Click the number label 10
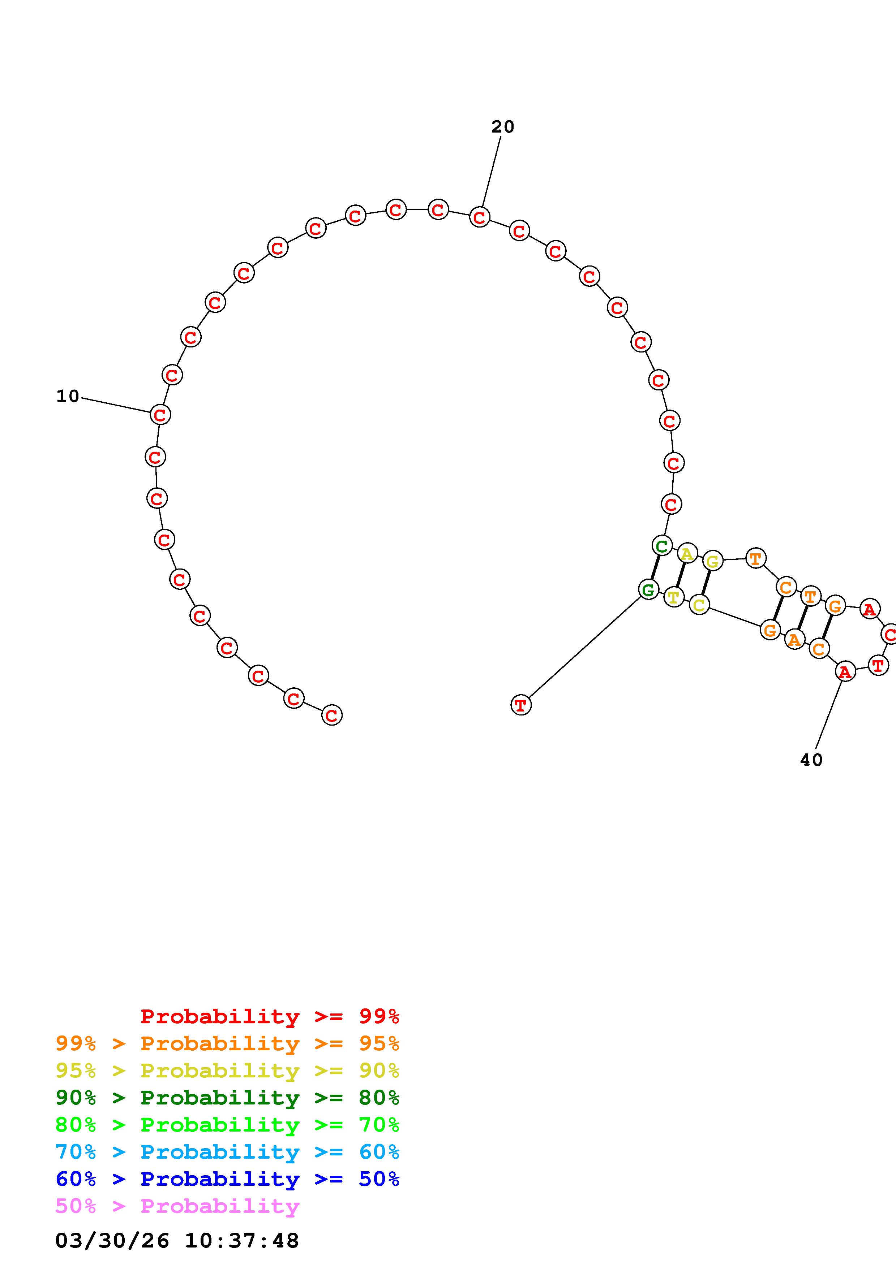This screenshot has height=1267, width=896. [68, 396]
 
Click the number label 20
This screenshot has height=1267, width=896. [502, 127]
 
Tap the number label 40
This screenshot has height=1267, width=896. [811, 760]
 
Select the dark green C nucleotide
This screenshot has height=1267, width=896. [662, 546]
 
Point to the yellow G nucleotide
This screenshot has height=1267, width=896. [713, 561]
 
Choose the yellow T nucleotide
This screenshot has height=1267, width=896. [673, 597]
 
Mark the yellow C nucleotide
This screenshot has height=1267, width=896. [699, 605]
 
